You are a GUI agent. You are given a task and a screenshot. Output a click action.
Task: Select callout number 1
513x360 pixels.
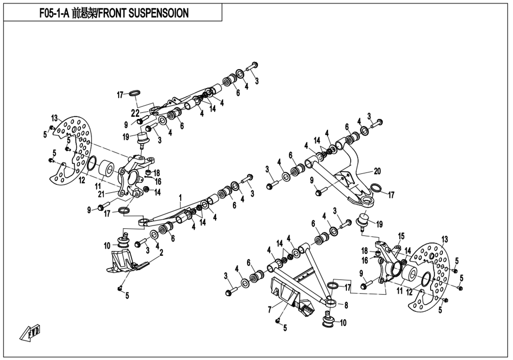(180, 198)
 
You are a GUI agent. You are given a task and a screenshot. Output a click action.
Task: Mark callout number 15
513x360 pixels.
(401, 236)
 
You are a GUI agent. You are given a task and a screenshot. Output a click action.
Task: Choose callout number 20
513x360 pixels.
(377, 172)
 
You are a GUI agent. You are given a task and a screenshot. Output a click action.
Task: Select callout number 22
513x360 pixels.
(136, 113)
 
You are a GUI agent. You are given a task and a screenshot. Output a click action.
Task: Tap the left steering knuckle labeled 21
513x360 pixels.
(133, 176)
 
